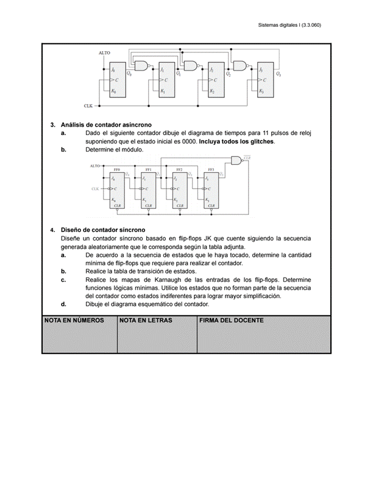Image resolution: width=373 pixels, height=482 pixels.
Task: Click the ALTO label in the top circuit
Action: pos(104,54)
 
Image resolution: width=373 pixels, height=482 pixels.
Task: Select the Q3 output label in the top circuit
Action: pos(279,74)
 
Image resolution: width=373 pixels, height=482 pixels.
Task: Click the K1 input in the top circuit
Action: pos(162,91)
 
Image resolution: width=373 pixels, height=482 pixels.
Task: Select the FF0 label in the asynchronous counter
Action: pos(116,169)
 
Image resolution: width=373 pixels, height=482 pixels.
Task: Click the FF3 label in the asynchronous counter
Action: pos(211,169)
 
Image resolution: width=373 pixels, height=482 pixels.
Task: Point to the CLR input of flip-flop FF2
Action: pos(180,206)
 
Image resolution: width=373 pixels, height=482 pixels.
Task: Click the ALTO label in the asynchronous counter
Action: pos(95,166)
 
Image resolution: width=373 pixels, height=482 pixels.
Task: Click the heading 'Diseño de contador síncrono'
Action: pos(98,231)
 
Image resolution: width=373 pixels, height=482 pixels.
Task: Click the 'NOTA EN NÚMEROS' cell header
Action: pos(74,320)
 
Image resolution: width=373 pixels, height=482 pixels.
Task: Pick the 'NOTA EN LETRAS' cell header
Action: pos(146,320)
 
